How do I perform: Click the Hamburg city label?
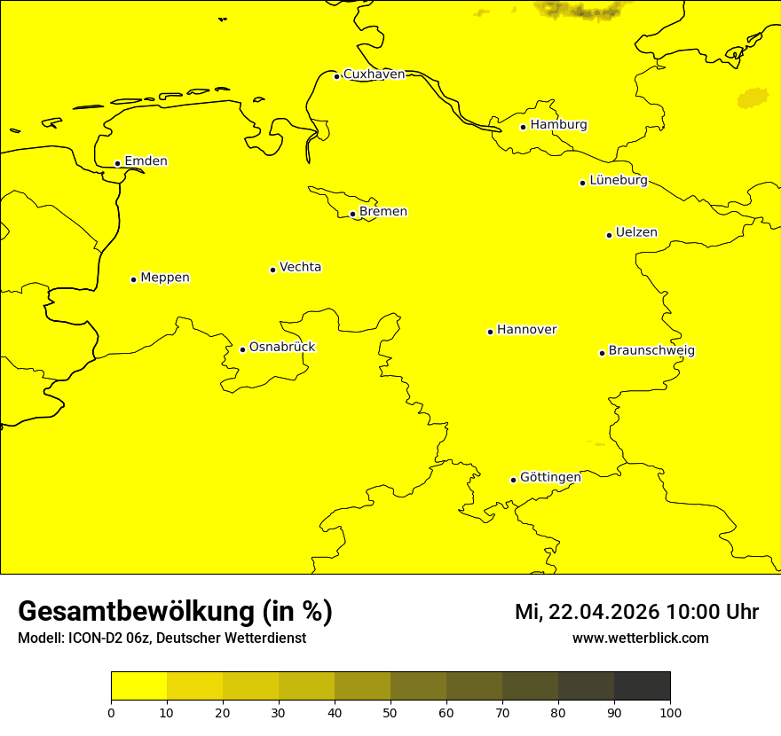tap(558, 125)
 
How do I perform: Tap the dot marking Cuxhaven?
tap(337, 76)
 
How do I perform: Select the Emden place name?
tap(146, 161)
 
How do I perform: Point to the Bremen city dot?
tap(352, 214)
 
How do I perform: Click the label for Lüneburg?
tap(618, 181)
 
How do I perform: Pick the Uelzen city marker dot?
tap(609, 235)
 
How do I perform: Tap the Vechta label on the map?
tap(300, 267)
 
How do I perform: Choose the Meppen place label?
tap(165, 278)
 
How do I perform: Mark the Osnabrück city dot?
tap(242, 349)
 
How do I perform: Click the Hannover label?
tap(526, 330)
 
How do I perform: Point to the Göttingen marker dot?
tap(513, 480)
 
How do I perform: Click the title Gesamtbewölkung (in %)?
tap(175, 612)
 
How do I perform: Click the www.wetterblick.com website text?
tap(640, 638)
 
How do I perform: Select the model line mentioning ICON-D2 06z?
tap(162, 638)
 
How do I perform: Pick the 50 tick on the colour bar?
tap(390, 711)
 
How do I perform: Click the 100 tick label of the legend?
tap(670, 711)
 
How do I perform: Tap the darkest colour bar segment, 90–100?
tap(642, 686)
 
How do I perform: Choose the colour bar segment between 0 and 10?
tap(138, 686)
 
